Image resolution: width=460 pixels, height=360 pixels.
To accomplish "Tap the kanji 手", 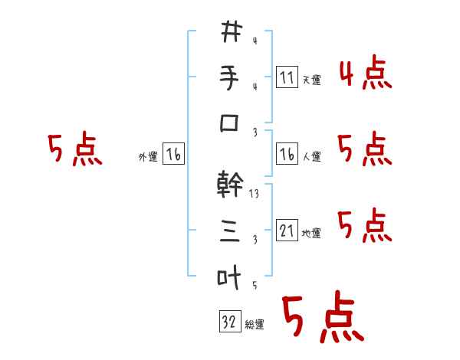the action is [231, 78].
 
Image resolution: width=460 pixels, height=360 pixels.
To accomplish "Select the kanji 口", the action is [231, 124].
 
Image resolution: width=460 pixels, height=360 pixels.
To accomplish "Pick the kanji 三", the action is [231, 231].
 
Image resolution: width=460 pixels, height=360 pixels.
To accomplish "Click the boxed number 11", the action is [287, 77].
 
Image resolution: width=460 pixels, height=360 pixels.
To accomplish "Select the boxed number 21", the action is [287, 231].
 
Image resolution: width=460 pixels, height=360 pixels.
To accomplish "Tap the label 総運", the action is [255, 325].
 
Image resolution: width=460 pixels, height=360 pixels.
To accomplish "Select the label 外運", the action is [148, 157].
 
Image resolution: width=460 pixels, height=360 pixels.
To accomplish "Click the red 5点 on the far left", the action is [74, 149].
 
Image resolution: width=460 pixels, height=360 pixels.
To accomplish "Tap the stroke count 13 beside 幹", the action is [255, 195].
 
